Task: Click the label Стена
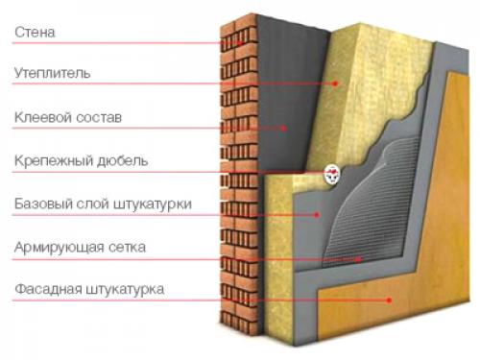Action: click(36, 32)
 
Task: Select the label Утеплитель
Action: click(52, 72)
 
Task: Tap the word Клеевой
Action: click(42, 117)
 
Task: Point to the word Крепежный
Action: click(50, 160)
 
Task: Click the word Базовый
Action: click(41, 204)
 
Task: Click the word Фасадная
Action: click(48, 289)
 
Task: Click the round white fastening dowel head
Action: click(333, 173)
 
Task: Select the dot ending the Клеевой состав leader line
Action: click(285, 128)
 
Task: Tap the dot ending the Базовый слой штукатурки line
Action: click(318, 215)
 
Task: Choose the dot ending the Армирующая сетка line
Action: click(359, 257)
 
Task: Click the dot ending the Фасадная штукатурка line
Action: click(390, 300)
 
